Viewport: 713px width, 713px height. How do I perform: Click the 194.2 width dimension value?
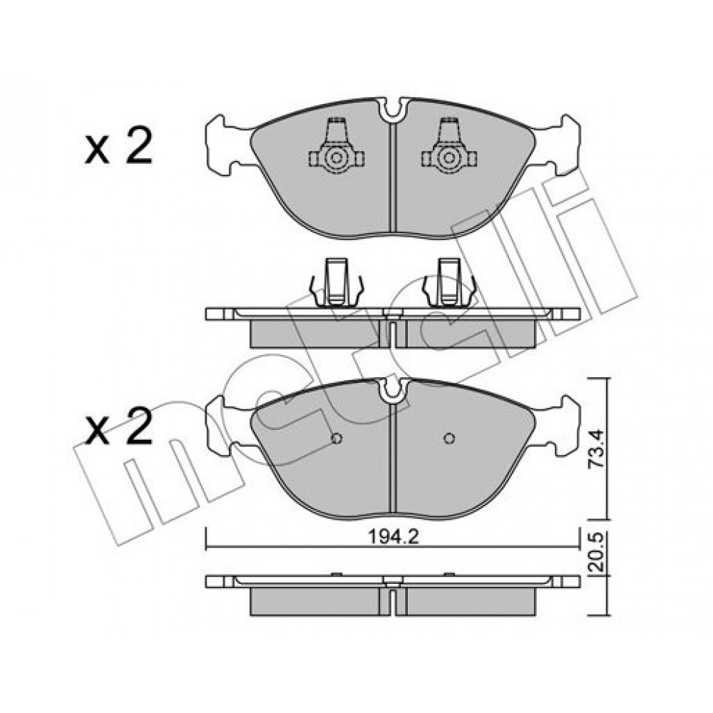393,537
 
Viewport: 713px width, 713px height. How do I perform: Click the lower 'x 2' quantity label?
118,426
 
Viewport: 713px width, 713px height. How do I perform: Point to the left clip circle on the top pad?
336,158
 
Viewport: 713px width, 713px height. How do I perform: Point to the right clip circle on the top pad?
448,158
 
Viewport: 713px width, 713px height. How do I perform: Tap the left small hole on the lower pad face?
337,438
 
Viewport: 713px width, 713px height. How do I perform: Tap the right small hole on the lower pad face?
449,438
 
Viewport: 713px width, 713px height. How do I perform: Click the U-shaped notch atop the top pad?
393,111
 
